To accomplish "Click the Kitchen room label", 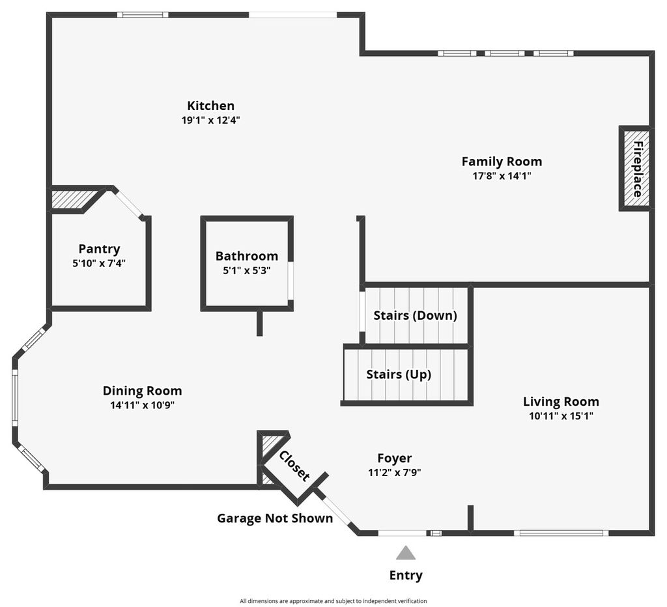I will tap(210, 106).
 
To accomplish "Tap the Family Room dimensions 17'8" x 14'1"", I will tap(502, 175).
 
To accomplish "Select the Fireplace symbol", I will tap(635, 168).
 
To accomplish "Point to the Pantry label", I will tap(99, 249).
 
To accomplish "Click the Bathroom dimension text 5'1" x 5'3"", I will tap(247, 270).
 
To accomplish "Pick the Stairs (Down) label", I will tap(415, 316).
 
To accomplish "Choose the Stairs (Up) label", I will tap(399, 374).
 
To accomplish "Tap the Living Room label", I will tap(561, 402).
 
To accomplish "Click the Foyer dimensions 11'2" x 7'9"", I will tap(395, 473).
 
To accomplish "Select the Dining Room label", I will tap(142, 391).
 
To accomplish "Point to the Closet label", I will tap(294, 466).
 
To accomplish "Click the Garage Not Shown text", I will tap(275, 518).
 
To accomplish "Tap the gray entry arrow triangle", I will tap(406, 554).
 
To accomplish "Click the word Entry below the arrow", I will tap(406, 575).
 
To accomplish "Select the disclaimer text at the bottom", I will tap(333, 601).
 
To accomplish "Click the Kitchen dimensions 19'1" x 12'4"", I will tap(210, 120).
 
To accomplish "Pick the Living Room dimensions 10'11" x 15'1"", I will tap(561, 416).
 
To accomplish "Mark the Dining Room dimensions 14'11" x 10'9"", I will tap(142, 404).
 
